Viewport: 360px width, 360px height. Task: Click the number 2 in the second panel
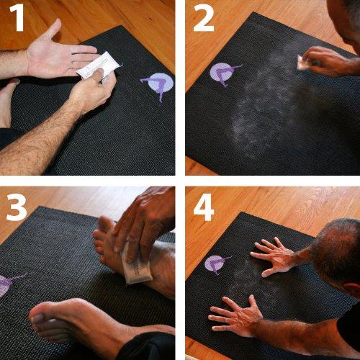pyautogui.click(x=203, y=19)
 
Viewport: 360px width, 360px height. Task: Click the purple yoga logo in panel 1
pyautogui.click(x=157, y=85)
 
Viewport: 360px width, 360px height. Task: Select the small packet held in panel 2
pyautogui.click(x=304, y=63)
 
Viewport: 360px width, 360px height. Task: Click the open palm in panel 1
pyautogui.click(x=58, y=58)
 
